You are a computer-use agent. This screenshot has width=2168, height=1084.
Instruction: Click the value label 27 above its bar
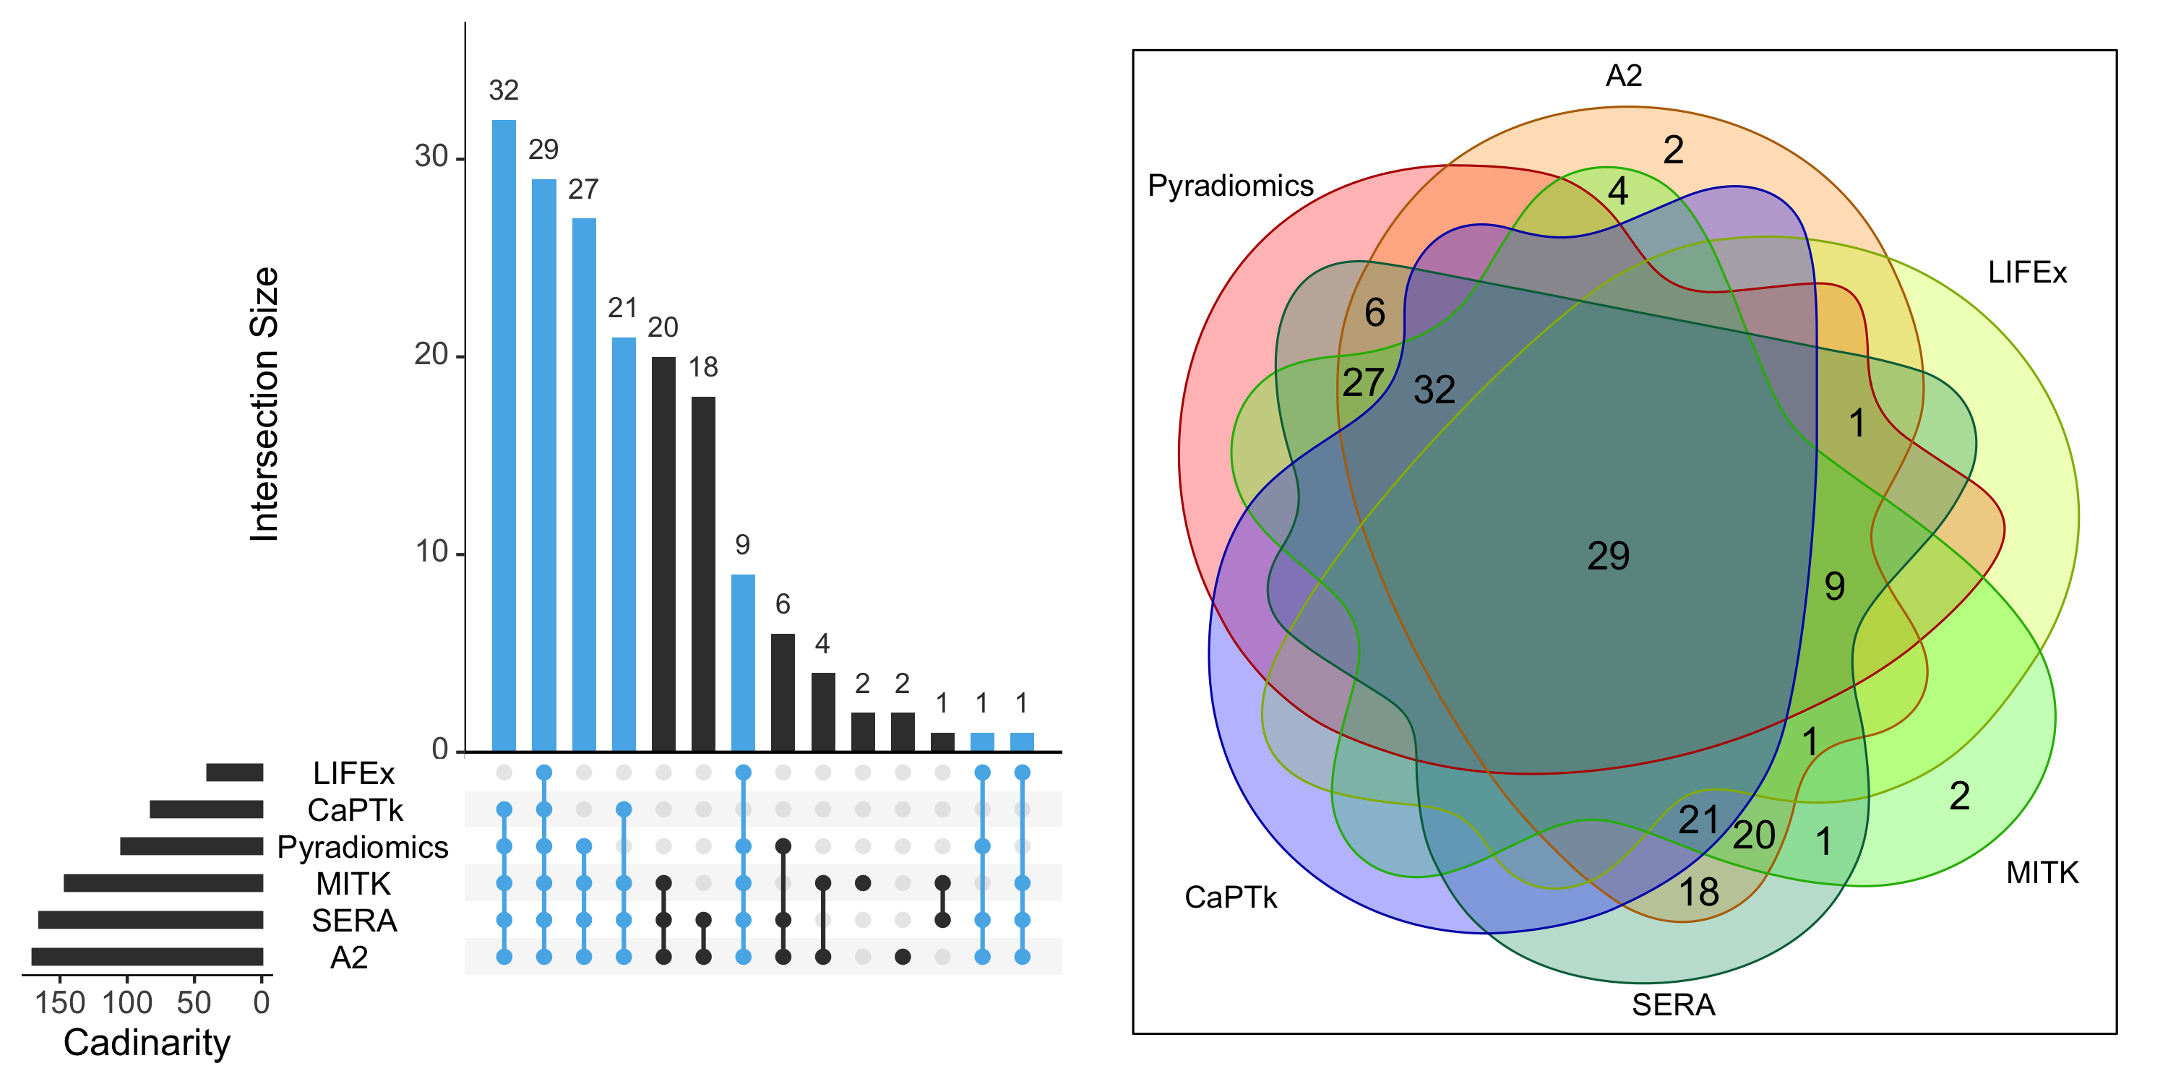582,189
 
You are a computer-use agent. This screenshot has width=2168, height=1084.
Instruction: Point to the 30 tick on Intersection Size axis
431,158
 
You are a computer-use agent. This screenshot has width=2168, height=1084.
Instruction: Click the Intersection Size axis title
264,404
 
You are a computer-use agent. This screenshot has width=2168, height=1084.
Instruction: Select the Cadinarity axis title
147,1043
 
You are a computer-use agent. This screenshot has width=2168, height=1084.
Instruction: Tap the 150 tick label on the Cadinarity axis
60,1002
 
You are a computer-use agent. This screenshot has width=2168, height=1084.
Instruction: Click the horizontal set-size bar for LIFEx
235,772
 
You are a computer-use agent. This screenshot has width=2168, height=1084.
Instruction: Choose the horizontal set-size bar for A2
147,956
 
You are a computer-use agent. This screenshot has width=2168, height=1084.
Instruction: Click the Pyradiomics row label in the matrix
363,847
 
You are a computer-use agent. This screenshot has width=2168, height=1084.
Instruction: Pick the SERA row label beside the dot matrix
354,921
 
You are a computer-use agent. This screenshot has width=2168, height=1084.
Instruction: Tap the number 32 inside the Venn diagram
1434,390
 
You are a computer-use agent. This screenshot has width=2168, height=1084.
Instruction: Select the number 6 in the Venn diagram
1375,313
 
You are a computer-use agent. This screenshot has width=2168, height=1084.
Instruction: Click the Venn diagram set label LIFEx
2026,272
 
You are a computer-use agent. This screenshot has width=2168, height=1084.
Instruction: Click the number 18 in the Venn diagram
1698,892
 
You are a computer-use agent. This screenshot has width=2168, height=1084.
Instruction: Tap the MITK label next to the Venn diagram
2042,873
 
